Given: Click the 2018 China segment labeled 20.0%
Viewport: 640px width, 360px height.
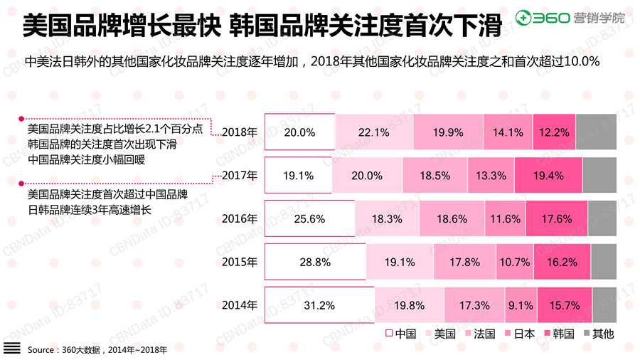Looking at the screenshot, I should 299,132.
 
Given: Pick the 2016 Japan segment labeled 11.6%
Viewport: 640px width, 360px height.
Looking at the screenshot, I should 506,219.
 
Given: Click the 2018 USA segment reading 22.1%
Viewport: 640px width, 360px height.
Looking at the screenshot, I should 373,132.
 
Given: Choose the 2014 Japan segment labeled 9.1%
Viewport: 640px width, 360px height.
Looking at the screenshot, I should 521,305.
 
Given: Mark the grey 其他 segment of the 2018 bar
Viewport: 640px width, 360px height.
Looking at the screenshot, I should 596,132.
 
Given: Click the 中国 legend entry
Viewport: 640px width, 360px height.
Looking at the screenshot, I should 401,333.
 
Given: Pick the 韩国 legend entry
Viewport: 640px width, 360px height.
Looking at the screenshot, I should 558,333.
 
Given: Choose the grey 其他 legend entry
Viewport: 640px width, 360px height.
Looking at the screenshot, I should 598,333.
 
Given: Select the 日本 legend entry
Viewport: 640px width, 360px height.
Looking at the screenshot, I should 518,333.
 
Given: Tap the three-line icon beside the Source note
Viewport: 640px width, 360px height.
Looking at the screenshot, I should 11,349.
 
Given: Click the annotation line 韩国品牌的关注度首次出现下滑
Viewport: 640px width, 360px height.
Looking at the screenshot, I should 102,144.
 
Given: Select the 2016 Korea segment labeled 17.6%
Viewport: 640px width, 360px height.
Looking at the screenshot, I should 557,219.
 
